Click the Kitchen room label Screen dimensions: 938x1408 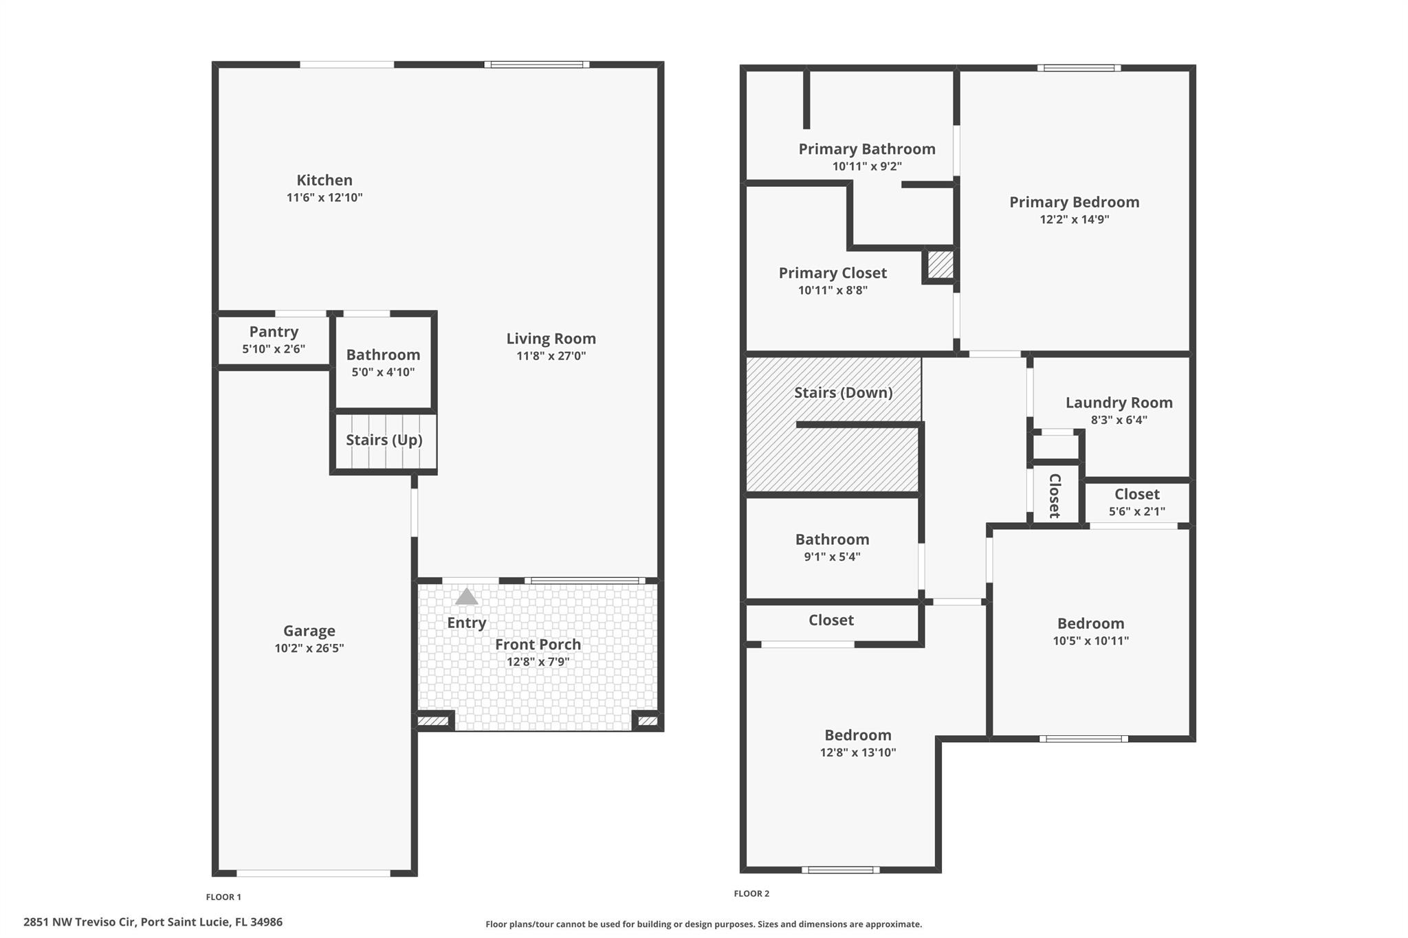click(324, 180)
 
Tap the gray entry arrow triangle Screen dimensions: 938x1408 click(466, 597)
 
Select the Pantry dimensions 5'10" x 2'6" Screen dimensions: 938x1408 click(273, 349)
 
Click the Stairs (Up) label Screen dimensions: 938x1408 click(384, 440)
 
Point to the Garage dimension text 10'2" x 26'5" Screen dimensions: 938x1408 click(309, 648)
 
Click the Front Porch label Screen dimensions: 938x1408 click(538, 645)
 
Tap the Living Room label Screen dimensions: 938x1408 click(551, 339)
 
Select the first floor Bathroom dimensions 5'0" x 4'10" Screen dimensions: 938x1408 click(383, 372)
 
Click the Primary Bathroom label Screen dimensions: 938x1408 click(866, 149)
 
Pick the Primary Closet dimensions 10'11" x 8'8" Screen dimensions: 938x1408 click(833, 291)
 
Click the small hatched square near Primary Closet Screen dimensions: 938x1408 click(940, 265)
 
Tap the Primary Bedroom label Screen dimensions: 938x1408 click(1074, 202)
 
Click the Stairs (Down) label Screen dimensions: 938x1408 click(843, 392)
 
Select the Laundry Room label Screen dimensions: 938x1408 click(1119, 403)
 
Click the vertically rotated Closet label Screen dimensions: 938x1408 click(1054, 495)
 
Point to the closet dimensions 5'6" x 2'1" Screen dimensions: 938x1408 click(1136, 512)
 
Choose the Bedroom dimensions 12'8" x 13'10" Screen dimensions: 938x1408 click(857, 752)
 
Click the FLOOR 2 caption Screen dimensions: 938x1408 click(751, 893)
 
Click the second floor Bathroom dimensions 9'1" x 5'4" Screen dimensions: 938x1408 click(832, 557)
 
